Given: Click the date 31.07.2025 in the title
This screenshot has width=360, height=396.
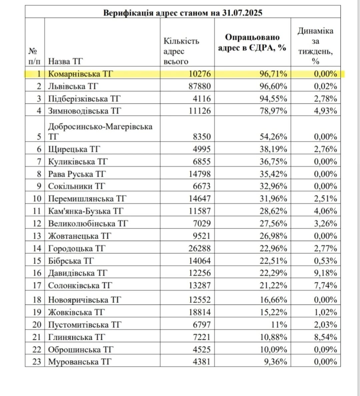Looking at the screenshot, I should click(x=243, y=13).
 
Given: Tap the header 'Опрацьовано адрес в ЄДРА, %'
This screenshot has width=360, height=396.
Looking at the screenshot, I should click(x=252, y=42).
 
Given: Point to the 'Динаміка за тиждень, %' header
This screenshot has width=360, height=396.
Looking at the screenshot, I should click(x=315, y=46).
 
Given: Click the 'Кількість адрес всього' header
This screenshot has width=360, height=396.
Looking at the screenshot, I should click(x=181, y=51).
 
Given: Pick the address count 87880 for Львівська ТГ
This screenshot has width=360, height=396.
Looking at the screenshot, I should click(x=199, y=86).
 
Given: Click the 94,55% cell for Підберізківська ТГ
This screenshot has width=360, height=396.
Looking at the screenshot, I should click(x=273, y=99).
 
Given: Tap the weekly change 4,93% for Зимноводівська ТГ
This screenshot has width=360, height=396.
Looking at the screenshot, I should click(x=325, y=111).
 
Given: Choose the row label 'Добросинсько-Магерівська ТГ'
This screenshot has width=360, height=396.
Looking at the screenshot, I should click(x=100, y=131).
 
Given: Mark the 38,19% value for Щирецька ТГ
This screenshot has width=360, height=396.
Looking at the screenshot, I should click(x=273, y=149).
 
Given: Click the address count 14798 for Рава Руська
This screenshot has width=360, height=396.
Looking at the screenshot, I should click(x=199, y=174).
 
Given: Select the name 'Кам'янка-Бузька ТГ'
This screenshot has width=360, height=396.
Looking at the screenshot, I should click(x=86, y=211).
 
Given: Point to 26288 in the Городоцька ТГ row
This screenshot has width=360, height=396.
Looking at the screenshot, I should click(x=199, y=248).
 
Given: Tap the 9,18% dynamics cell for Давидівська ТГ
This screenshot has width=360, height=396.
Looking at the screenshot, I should click(x=325, y=273).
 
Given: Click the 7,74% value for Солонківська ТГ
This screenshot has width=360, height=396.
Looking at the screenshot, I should click(x=325, y=285).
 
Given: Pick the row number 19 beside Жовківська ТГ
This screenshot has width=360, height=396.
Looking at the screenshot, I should click(x=37, y=312).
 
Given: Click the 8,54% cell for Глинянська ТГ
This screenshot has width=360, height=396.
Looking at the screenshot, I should click(x=325, y=337).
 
